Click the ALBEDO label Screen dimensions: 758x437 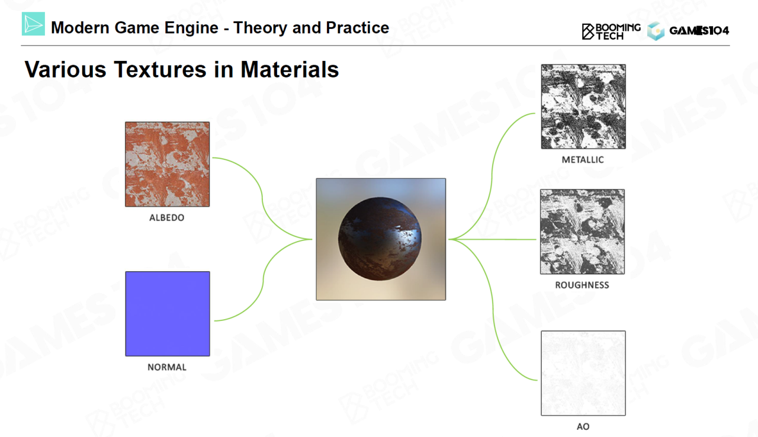click(x=167, y=217)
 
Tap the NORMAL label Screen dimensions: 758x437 click(x=167, y=367)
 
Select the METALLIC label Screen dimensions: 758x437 click(x=583, y=160)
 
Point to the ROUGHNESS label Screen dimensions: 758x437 click(x=582, y=285)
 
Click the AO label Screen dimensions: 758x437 click(x=583, y=426)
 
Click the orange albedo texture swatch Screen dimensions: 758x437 click(x=167, y=165)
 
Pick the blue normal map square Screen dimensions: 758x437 click(x=168, y=314)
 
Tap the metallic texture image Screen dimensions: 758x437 click(x=583, y=107)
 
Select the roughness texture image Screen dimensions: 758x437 click(x=582, y=232)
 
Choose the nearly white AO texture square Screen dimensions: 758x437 click(x=583, y=373)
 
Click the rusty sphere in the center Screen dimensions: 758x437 click(x=380, y=239)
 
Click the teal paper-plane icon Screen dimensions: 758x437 click(x=33, y=24)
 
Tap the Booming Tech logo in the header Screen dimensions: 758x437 click(x=611, y=31)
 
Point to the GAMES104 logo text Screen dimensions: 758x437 click(x=699, y=31)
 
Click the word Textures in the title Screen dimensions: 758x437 click(x=160, y=69)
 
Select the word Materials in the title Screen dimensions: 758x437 click(x=290, y=69)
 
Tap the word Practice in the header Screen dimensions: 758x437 click(x=358, y=28)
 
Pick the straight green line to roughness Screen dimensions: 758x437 click(x=493, y=239)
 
